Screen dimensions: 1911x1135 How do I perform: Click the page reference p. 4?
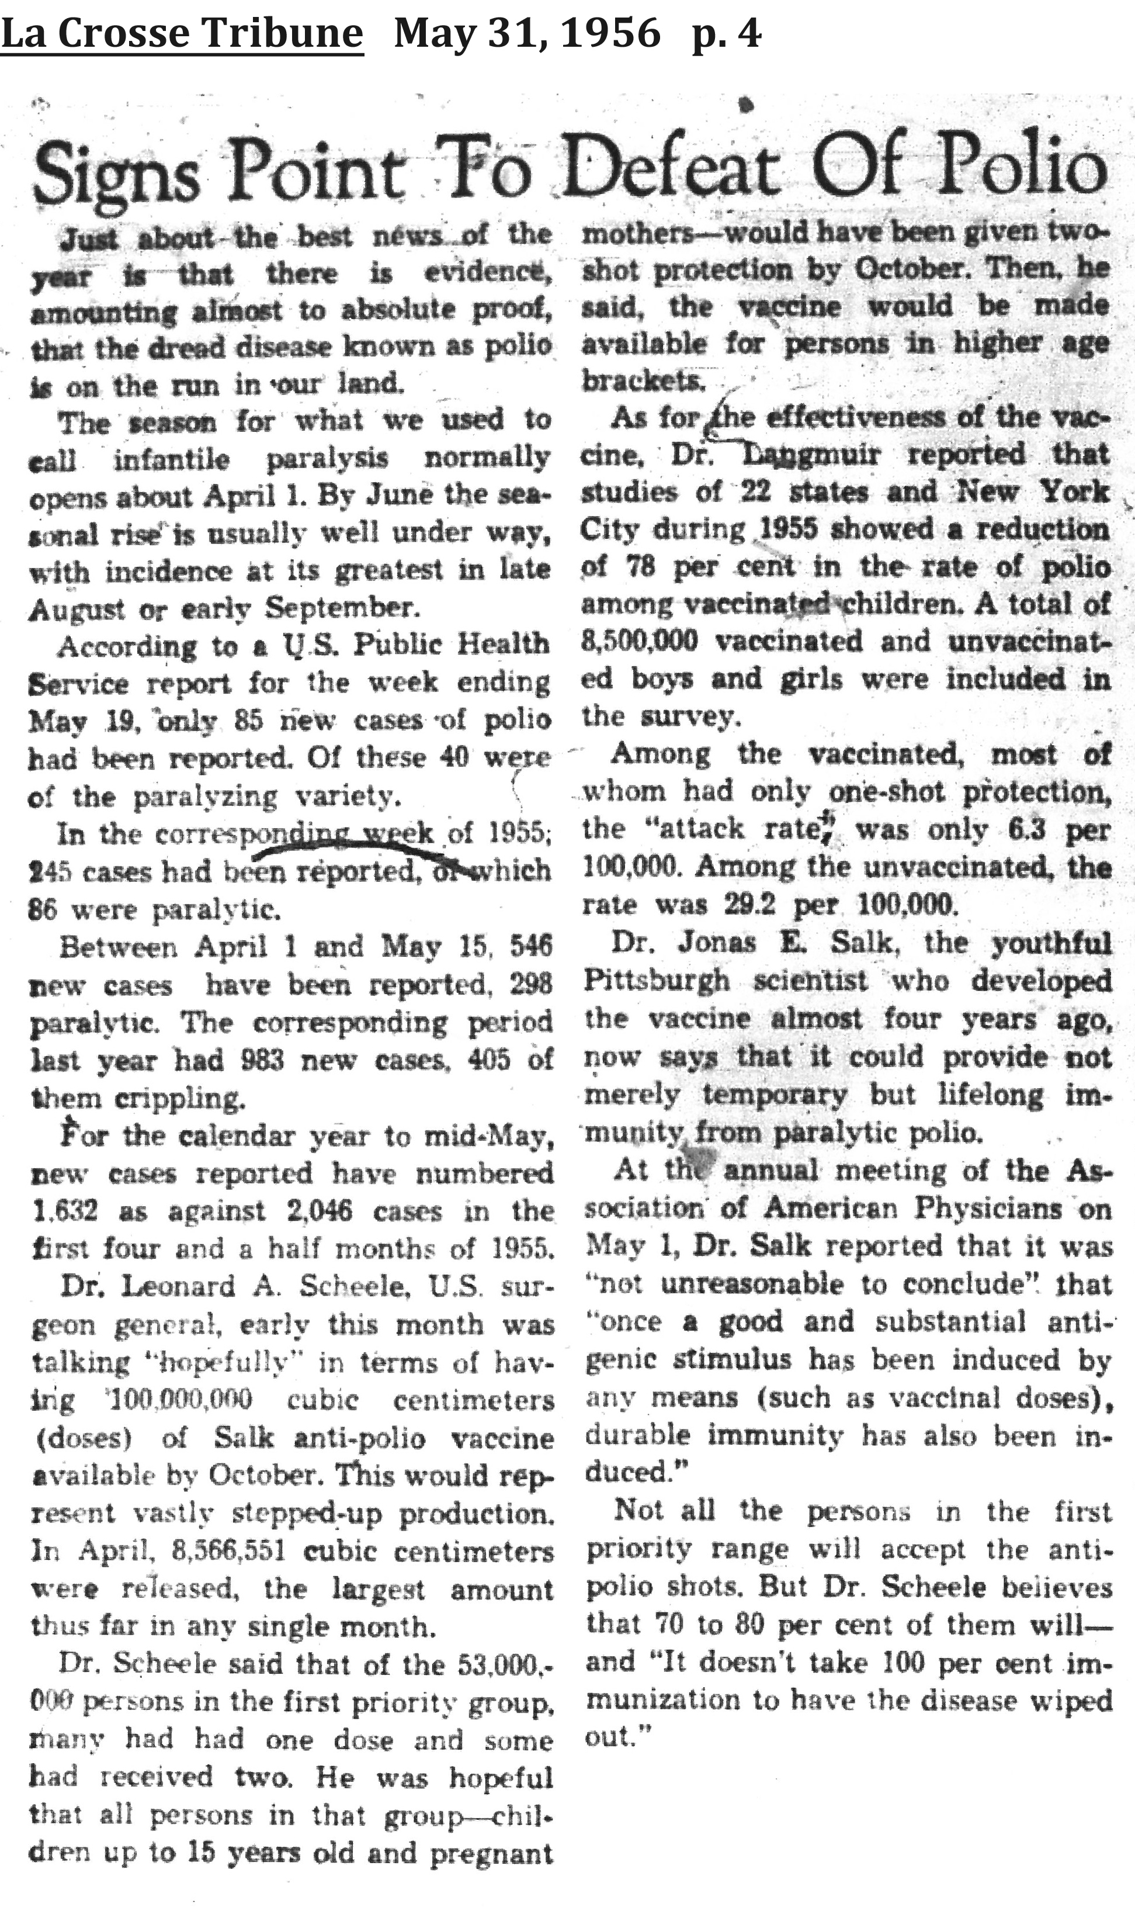tap(726, 35)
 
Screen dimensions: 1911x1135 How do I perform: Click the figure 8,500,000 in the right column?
tap(638, 641)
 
